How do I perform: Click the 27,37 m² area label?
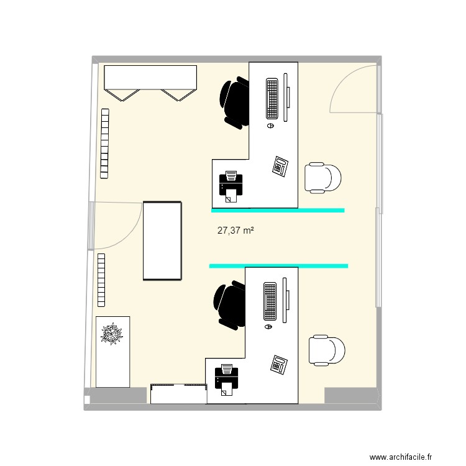tap(235, 231)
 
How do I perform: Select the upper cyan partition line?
tap(278, 211)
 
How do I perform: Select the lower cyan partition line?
tap(278, 266)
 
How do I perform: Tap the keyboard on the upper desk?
tap(272, 98)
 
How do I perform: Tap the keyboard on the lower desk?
tap(270, 301)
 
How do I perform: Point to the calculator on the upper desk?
tap(280, 166)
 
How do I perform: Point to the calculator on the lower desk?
tap(279, 365)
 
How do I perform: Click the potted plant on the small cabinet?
tap(112, 334)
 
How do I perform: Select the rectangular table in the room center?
tap(162, 240)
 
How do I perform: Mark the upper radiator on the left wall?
tap(104, 142)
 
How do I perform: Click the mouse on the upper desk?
tap(271, 125)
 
